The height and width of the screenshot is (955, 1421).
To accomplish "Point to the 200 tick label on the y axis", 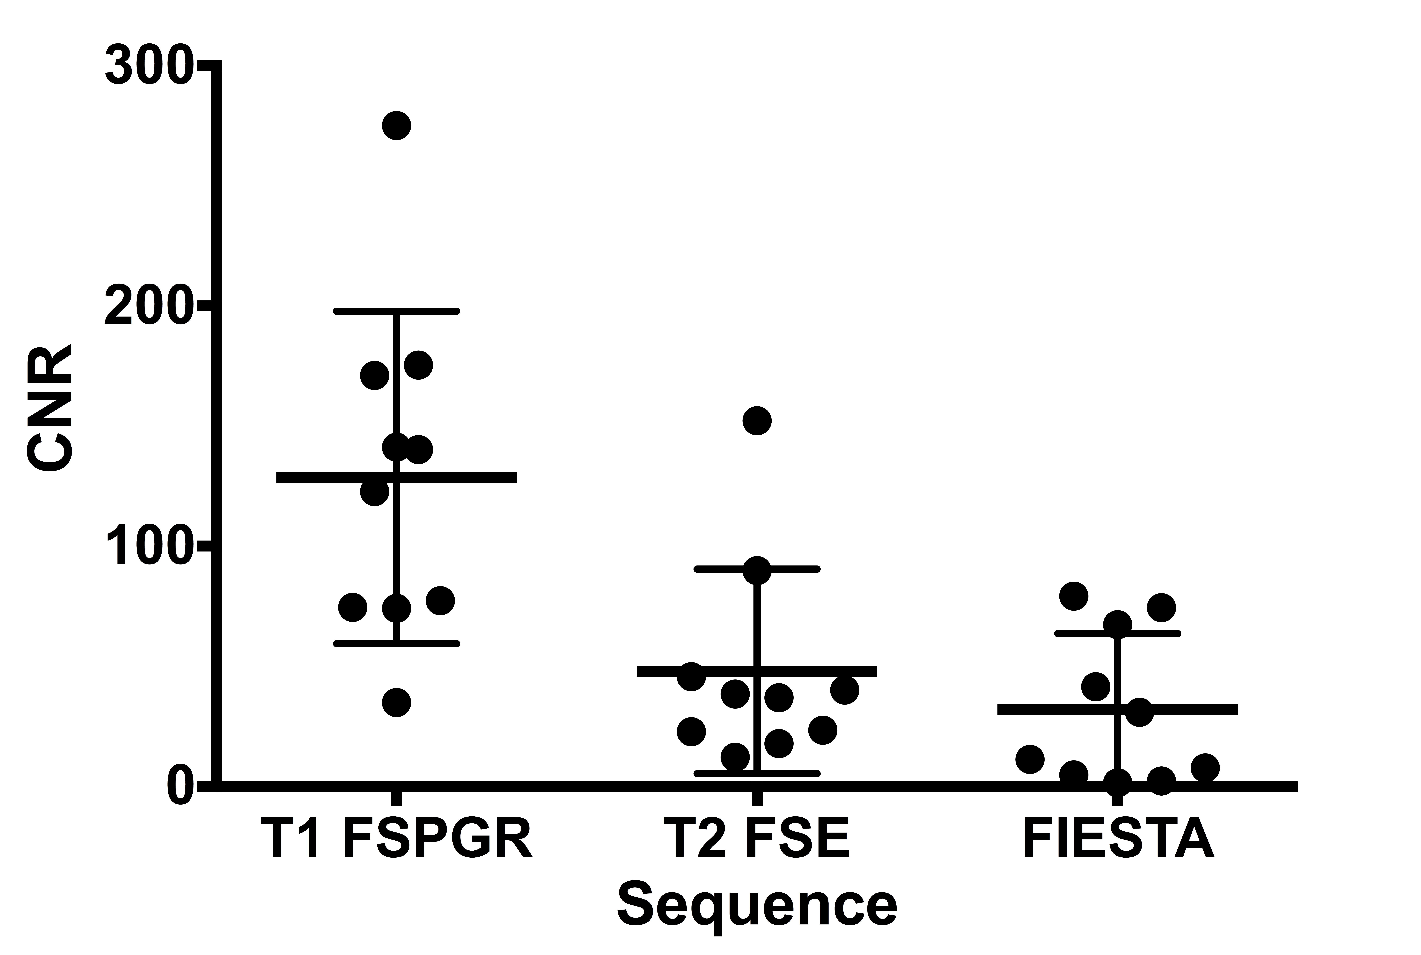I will coord(149,305).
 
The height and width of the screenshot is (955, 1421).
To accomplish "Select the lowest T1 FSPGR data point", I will coord(397,702).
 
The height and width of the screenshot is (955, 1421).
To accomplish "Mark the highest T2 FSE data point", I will coord(757,421).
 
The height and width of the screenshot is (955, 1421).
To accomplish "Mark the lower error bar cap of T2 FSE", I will coord(757,774).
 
